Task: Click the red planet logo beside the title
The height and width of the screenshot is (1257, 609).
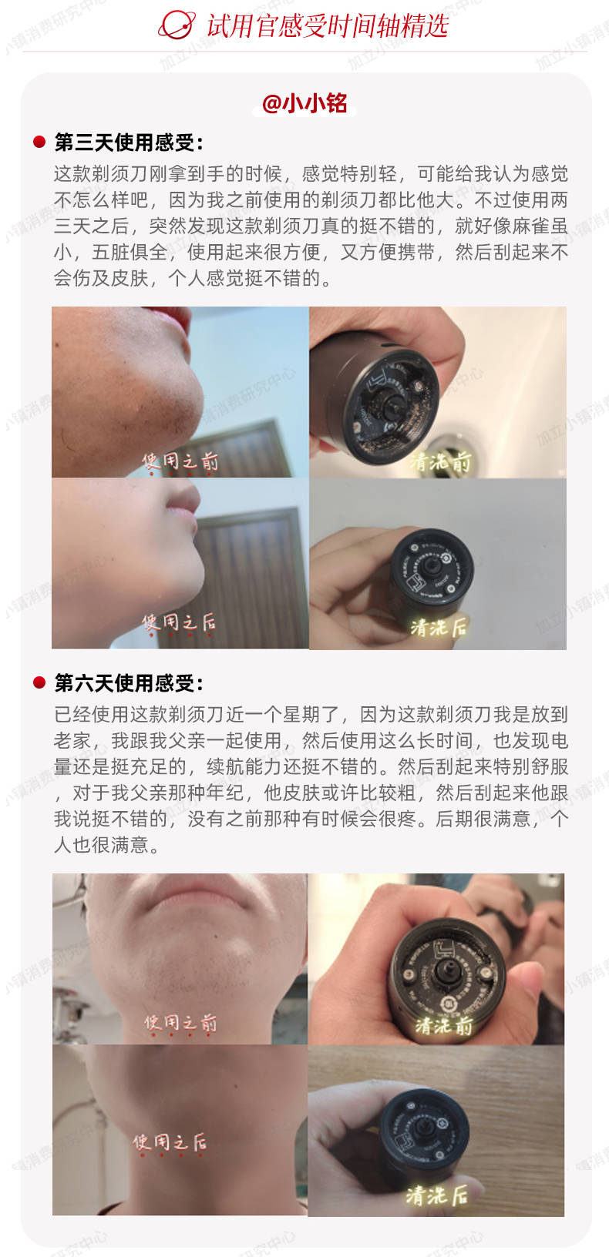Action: tap(177, 25)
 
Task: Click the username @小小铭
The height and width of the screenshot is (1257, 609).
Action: tap(304, 103)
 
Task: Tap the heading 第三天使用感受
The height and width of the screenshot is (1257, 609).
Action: tap(128, 142)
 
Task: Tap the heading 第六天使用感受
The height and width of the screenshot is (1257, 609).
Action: tap(128, 683)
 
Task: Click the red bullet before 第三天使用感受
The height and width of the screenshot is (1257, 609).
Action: tap(39, 142)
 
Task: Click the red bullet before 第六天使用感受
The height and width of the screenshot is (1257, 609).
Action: tap(39, 683)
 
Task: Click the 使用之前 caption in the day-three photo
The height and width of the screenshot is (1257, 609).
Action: tap(180, 461)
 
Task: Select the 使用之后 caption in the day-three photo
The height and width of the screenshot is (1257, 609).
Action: tap(178, 622)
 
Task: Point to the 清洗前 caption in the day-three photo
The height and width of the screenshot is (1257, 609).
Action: tap(440, 461)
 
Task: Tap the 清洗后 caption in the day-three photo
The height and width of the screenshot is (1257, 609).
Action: tap(439, 627)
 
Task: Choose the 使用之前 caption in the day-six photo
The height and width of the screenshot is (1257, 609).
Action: tap(180, 1023)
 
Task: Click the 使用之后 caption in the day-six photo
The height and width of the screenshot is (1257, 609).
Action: tap(169, 1142)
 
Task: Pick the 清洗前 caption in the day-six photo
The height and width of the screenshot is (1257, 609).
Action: tap(445, 1025)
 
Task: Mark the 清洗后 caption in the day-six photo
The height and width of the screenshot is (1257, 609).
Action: tap(436, 1195)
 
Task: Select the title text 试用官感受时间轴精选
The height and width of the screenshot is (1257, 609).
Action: tap(327, 25)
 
